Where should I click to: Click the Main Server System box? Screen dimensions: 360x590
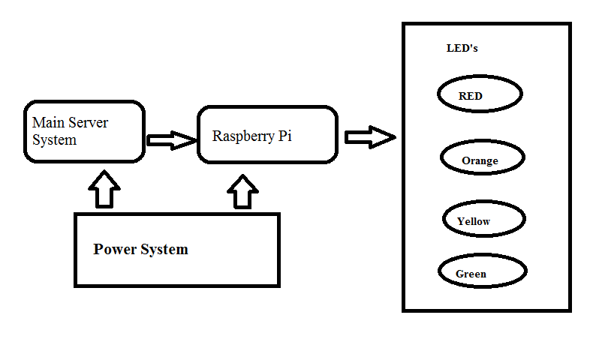click(x=84, y=131)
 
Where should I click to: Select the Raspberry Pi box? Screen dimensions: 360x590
click(x=267, y=135)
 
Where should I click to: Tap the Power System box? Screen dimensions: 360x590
click(x=177, y=250)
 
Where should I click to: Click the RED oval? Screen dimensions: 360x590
click(x=480, y=95)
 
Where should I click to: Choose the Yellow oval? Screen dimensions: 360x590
click(x=484, y=220)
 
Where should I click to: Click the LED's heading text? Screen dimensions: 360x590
click(x=462, y=48)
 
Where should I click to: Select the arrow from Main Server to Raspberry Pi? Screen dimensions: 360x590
click(x=171, y=139)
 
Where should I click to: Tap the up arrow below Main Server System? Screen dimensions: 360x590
click(x=104, y=189)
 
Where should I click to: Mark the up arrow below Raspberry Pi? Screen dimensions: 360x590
click(x=242, y=192)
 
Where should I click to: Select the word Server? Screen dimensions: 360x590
click(x=89, y=122)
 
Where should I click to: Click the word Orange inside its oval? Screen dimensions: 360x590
click(x=480, y=160)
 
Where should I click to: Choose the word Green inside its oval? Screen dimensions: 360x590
click(x=471, y=274)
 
